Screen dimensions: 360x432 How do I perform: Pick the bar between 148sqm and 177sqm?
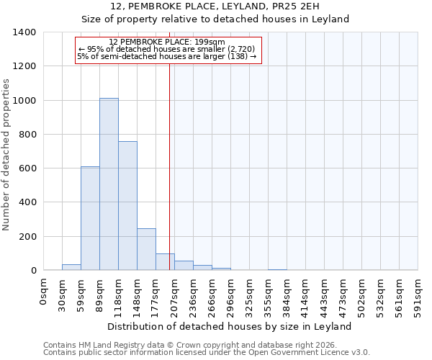[146, 249]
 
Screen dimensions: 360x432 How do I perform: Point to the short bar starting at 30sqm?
[71, 267]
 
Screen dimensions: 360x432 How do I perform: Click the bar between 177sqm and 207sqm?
[165, 262]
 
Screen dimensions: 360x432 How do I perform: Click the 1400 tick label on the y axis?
[24, 32]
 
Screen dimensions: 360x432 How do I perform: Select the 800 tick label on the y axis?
[27, 135]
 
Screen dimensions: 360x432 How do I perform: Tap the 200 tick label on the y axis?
[27, 237]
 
